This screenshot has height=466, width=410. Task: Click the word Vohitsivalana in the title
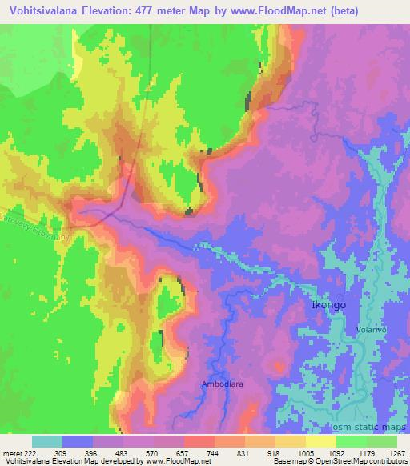tap(38, 11)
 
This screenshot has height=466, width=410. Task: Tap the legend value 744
tap(212, 453)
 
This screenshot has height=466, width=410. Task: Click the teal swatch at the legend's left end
tap(47, 441)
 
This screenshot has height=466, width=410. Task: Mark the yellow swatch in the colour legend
tap(320, 441)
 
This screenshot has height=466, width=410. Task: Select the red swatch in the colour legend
tap(199, 441)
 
